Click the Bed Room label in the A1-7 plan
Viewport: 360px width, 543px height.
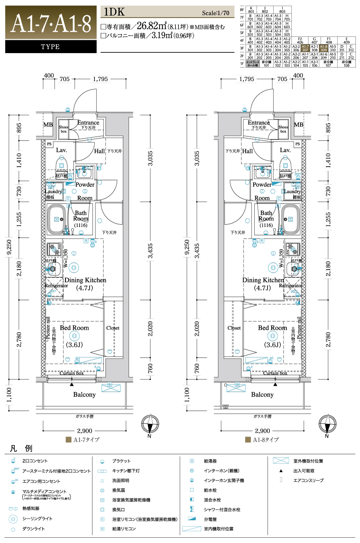74,328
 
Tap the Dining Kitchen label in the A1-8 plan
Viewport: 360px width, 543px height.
263,280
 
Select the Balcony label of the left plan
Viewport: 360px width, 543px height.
84,395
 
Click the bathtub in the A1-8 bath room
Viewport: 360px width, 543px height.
290,220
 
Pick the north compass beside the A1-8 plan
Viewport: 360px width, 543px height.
327,424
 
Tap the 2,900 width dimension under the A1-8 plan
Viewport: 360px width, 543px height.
262,431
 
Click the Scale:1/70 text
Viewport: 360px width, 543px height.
216,13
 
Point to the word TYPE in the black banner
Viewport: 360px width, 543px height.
50,47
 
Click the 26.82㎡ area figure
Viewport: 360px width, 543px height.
152,26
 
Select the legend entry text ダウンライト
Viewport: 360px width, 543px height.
33,529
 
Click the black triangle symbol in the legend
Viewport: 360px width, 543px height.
281,471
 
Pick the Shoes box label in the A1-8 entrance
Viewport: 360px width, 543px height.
283,129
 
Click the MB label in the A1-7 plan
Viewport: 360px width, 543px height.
48,125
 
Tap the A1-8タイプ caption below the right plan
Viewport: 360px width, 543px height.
266,440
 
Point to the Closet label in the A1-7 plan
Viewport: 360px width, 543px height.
113,328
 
